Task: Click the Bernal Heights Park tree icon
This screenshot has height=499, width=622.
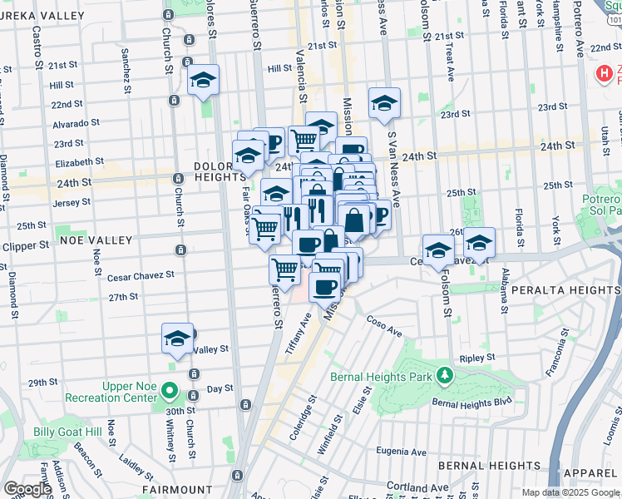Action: (446, 377)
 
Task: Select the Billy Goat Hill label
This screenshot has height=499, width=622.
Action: (67, 432)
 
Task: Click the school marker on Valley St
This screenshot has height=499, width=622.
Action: (177, 338)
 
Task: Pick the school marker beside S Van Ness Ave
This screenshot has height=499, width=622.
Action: (384, 103)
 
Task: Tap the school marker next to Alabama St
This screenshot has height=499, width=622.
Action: (479, 243)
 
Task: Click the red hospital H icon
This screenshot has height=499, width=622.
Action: (604, 74)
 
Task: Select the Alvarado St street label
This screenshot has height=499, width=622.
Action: (76, 123)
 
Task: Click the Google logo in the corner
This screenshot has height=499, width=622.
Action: (27, 489)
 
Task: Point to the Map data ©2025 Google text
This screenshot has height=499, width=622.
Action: (570, 492)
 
